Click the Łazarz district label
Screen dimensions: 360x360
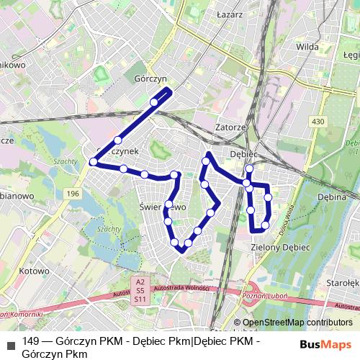(228, 13)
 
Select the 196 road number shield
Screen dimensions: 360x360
(72, 194)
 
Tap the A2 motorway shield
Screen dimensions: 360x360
(140, 282)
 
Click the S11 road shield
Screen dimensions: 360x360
(140, 299)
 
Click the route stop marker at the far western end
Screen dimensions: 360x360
(93, 162)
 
